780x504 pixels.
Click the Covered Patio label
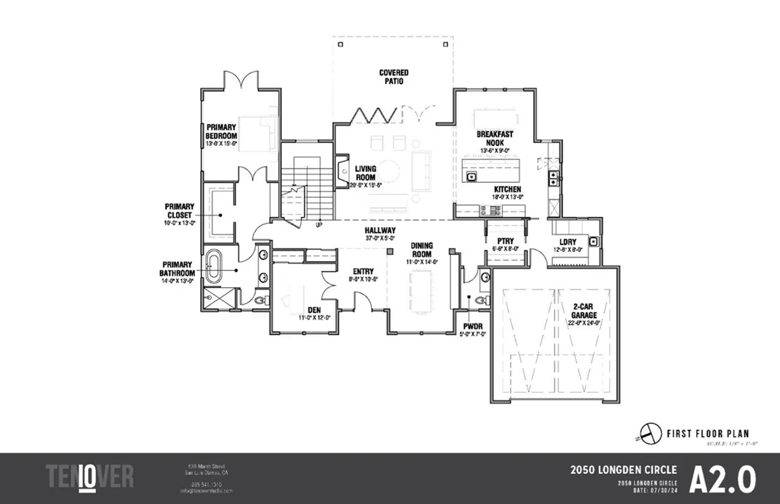(393, 77)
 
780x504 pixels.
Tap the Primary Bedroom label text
(221, 132)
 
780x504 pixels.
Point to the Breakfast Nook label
(494, 139)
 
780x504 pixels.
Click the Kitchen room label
(507, 189)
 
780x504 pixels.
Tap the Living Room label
(366, 173)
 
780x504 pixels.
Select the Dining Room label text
(422, 250)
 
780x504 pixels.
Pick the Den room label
(313, 310)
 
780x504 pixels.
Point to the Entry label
(362, 271)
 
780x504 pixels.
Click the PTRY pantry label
(506, 241)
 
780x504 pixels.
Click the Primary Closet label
(179, 210)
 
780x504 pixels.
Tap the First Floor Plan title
(702, 433)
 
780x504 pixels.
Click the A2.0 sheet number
(722, 479)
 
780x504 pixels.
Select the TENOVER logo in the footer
(90, 477)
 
